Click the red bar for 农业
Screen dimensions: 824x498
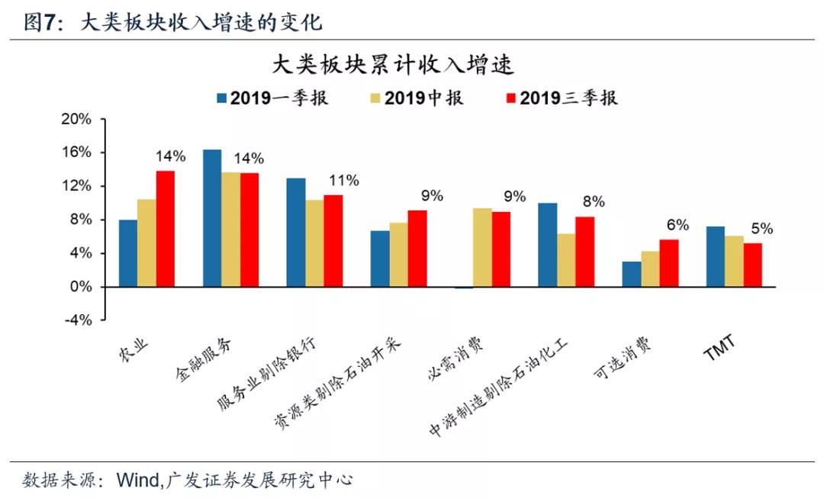pos(166,229)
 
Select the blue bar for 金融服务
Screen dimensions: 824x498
pos(212,218)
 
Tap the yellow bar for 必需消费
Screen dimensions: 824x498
pos(482,247)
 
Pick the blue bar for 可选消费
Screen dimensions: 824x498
pos(632,275)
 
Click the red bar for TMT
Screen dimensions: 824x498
pos(752,265)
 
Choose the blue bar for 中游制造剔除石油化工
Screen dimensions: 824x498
pos(548,245)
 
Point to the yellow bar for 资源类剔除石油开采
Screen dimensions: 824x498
pos(399,255)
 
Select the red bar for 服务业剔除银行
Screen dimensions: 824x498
pos(333,241)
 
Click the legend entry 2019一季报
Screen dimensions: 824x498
pos(272,98)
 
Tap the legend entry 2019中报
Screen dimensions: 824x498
pos(417,98)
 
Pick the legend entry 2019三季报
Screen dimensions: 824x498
pos(562,98)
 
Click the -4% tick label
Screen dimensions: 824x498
pos(79,320)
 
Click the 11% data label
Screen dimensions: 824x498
pos(344,181)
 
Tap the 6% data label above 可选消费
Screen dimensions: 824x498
pos(678,225)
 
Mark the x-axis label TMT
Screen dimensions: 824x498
pos(719,348)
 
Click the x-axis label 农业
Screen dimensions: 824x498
pos(134,352)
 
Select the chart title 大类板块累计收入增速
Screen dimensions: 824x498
pos(393,65)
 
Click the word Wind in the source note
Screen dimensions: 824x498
pos(139,480)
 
